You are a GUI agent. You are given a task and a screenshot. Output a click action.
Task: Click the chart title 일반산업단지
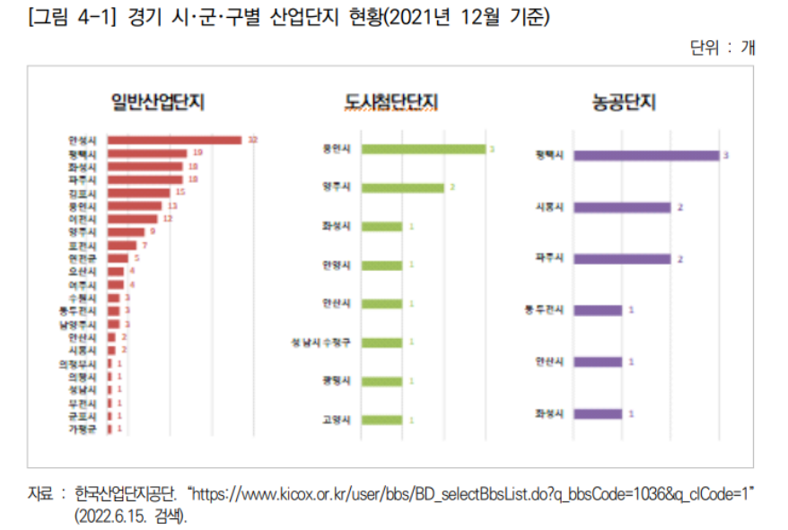(x=157, y=101)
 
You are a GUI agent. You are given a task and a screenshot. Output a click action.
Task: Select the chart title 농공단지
(x=624, y=101)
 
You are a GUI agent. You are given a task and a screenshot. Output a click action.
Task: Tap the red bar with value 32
(x=175, y=140)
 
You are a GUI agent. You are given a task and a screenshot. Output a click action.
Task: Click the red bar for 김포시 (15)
(x=138, y=192)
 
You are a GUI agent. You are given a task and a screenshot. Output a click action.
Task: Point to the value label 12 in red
(x=167, y=219)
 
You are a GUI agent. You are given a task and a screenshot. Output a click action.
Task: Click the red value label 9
(x=153, y=231)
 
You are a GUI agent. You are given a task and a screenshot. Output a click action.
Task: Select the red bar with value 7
(x=122, y=245)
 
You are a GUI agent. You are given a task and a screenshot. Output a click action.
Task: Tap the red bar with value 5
(x=118, y=258)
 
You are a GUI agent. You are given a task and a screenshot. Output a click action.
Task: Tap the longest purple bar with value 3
(x=646, y=155)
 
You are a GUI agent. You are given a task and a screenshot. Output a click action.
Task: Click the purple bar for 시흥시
(x=622, y=207)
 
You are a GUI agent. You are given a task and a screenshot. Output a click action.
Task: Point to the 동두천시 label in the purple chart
(x=544, y=310)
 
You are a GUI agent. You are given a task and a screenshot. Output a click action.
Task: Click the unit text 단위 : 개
(x=722, y=48)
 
